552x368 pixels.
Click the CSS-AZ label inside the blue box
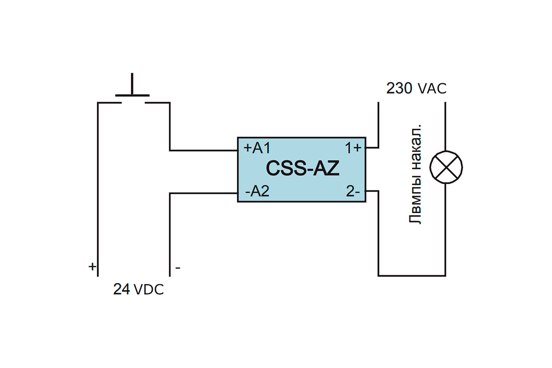click(303, 168)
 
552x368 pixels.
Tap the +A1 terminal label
click(257, 148)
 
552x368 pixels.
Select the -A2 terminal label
click(257, 191)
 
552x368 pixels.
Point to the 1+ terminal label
click(353, 148)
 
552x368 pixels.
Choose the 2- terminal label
click(353, 191)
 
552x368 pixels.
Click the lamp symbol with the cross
click(446, 167)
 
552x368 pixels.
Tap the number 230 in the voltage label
click(399, 88)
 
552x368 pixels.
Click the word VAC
click(432, 89)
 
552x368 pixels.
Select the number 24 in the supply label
click(121, 289)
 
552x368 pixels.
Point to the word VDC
click(149, 290)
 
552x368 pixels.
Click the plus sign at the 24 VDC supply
click(92, 267)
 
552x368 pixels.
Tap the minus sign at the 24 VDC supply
click(178, 268)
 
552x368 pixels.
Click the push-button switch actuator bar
click(132, 95)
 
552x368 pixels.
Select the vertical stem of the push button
click(132, 84)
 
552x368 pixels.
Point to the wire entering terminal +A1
click(203, 150)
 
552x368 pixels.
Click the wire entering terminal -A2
click(203, 194)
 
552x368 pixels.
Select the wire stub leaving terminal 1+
click(372, 148)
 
